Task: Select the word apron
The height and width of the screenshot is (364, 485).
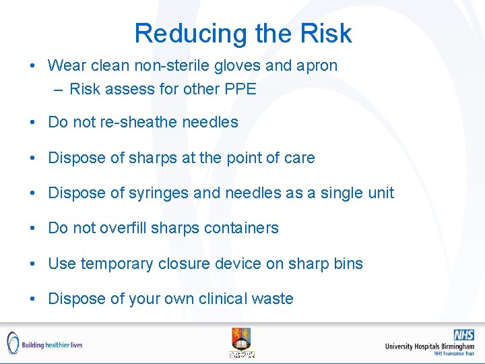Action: [x=317, y=65]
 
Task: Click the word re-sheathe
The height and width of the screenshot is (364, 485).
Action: [x=140, y=122]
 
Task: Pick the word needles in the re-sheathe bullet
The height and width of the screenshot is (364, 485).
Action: [x=210, y=122]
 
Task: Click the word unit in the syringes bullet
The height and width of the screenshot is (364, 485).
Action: [x=379, y=193]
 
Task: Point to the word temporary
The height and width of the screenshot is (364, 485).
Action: [x=117, y=264]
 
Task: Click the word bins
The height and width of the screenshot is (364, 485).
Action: [x=348, y=264]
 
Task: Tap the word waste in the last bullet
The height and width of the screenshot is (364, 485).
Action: [x=273, y=299]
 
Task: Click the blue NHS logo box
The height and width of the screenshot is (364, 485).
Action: [x=463, y=334]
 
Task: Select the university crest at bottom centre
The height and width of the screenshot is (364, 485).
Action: [x=242, y=342]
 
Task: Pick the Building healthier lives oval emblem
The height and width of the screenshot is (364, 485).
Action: [x=13, y=343]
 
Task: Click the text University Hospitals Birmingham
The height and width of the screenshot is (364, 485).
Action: [x=429, y=346]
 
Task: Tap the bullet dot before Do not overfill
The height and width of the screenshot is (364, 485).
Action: [x=32, y=229]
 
